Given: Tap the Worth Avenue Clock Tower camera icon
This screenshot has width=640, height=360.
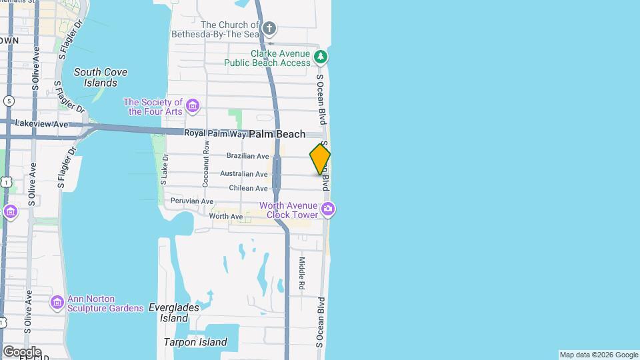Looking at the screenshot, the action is (x=327, y=209).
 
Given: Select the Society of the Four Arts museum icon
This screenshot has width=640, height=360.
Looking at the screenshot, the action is (x=193, y=106).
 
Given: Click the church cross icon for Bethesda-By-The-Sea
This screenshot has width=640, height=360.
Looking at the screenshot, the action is (x=269, y=28).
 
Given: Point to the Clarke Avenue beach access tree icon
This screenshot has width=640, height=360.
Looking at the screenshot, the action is (x=321, y=57).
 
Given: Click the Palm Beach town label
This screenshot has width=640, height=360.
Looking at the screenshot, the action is (x=277, y=134).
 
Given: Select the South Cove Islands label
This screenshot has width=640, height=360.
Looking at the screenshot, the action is (x=101, y=77).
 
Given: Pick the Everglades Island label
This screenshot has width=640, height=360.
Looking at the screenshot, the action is (x=174, y=313).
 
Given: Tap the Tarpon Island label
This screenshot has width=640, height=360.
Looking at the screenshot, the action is (x=195, y=343).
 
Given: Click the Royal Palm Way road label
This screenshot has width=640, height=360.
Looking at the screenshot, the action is (x=215, y=133).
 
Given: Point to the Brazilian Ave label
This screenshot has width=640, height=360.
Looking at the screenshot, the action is (x=247, y=156).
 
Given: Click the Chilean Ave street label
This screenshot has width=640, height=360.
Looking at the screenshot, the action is (x=248, y=189).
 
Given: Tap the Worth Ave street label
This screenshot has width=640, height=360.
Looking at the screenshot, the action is (x=225, y=216).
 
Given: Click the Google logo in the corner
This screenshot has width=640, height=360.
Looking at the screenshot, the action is (x=21, y=352).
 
